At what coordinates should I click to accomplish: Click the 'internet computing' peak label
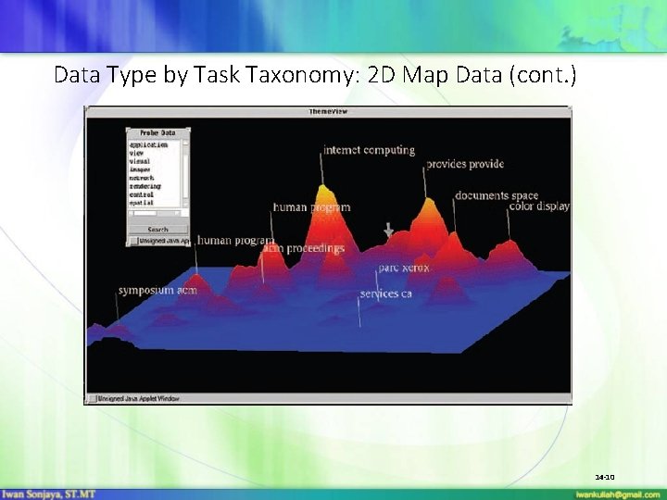369,150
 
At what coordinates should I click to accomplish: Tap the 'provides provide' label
465,164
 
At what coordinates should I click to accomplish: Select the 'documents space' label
497,195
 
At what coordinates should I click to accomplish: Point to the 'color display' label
539,206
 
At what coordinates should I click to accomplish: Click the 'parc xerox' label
403,268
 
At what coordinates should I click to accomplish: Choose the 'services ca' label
385,294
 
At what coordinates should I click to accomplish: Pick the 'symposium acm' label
157,290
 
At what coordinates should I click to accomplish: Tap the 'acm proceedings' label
304,248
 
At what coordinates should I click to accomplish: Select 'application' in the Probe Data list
149,144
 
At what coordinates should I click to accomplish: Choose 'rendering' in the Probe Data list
147,186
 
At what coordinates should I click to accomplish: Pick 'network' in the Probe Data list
144,178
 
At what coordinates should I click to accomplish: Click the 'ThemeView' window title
327,111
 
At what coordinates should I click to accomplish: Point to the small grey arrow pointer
389,229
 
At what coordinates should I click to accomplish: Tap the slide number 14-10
605,477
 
